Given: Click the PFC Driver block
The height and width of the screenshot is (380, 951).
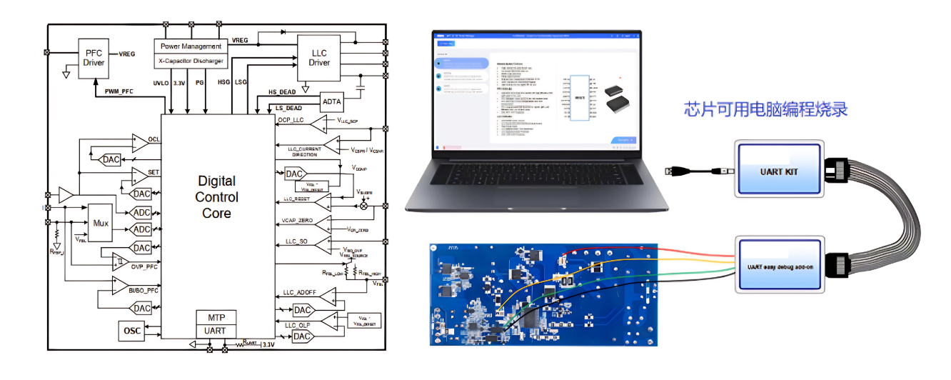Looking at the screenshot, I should pyautogui.click(x=94, y=57).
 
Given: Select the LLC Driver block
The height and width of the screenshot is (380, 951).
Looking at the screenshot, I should pyautogui.click(x=319, y=57).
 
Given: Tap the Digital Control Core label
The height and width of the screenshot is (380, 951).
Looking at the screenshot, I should pyautogui.click(x=216, y=197).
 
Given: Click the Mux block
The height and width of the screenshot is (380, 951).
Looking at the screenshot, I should pyautogui.click(x=101, y=223).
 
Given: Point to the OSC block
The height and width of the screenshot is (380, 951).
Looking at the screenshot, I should pyautogui.click(x=131, y=331).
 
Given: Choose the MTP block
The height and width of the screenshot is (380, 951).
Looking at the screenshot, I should pyautogui.click(x=216, y=318).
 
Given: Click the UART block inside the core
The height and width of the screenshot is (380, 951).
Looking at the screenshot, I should pyautogui.click(x=216, y=331).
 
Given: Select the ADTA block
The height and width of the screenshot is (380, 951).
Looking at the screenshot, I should pyautogui.click(x=332, y=101).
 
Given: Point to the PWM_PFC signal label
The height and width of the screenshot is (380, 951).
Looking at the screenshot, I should pyautogui.click(x=120, y=91).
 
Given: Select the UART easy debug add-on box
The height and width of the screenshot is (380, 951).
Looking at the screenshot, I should pyautogui.click(x=778, y=265).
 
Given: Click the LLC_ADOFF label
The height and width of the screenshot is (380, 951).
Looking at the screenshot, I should pyautogui.click(x=299, y=293).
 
